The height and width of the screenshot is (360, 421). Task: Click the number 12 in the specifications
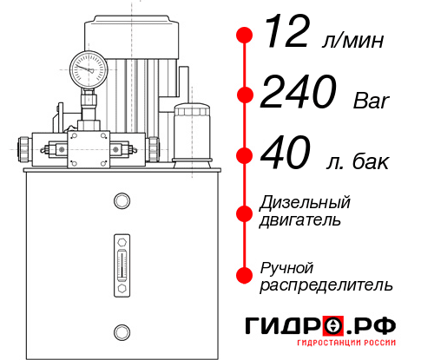point(285,36)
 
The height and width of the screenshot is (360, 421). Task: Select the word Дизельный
point(306,203)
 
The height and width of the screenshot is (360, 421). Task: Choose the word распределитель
point(326,285)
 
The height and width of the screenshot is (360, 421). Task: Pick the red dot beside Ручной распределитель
point(245,274)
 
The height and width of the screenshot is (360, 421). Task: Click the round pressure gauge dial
point(88,67)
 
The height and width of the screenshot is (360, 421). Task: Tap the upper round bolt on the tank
point(121,202)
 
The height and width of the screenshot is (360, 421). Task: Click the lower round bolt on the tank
point(121,330)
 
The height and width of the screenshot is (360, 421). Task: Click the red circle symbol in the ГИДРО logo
point(332,326)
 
